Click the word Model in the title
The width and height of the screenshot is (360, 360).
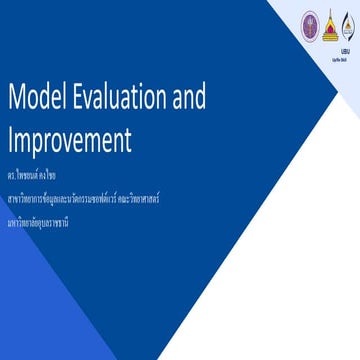tap(35, 98)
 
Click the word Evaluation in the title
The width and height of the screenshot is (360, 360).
tap(116, 98)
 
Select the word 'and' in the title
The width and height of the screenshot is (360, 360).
tap(189, 98)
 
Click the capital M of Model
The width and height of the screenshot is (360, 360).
tap(17, 98)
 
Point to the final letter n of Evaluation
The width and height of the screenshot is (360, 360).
tap(164, 99)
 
